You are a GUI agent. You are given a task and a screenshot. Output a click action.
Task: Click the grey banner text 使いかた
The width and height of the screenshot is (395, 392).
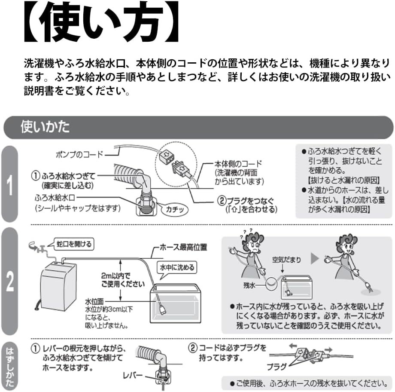coord(45,127)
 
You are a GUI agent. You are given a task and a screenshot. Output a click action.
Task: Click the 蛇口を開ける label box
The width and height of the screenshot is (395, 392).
coord(74,245)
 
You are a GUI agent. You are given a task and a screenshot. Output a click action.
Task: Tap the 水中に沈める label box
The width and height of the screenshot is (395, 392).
coord(177,267)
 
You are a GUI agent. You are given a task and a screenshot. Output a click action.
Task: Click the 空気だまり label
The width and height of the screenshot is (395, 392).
coord(286,260)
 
